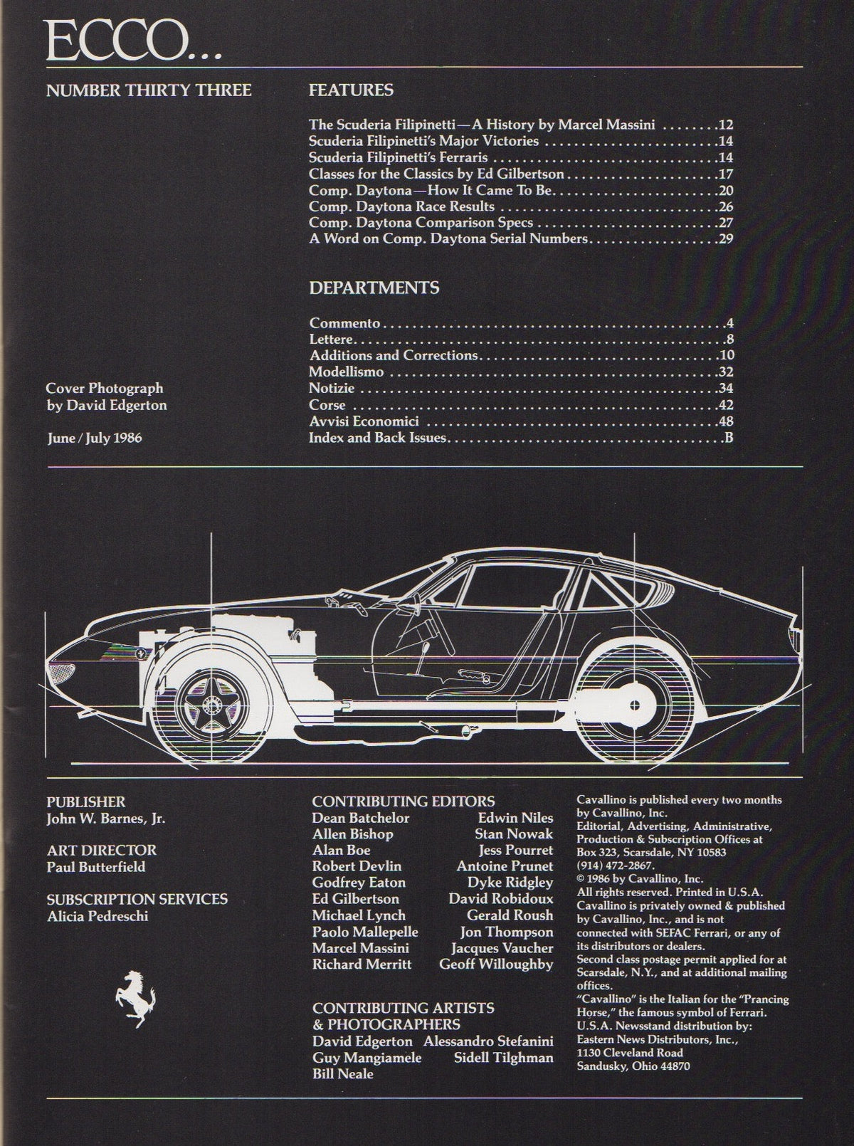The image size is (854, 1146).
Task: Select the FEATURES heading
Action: pos(351,90)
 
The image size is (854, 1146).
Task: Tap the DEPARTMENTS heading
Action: pos(374,288)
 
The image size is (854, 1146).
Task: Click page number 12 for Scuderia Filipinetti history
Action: pos(726,125)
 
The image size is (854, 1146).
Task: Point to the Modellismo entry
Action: pos(346,372)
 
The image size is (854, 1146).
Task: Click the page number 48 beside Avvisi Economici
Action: pos(726,421)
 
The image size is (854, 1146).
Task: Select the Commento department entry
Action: pos(344,322)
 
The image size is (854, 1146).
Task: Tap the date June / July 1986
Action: pos(95,438)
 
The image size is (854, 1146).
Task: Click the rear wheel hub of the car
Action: pos(635,705)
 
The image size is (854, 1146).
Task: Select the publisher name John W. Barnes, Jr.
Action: pos(106,819)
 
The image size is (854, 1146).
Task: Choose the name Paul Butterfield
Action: pos(96,867)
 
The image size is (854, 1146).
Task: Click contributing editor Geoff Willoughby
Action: pos(496,964)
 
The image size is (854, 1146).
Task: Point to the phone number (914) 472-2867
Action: pos(616,865)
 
